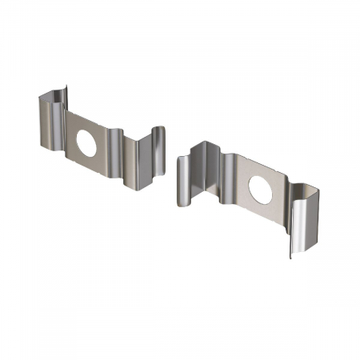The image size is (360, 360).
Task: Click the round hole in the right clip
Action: tap(260, 189)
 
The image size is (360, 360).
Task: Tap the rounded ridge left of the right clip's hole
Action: tap(230, 180)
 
